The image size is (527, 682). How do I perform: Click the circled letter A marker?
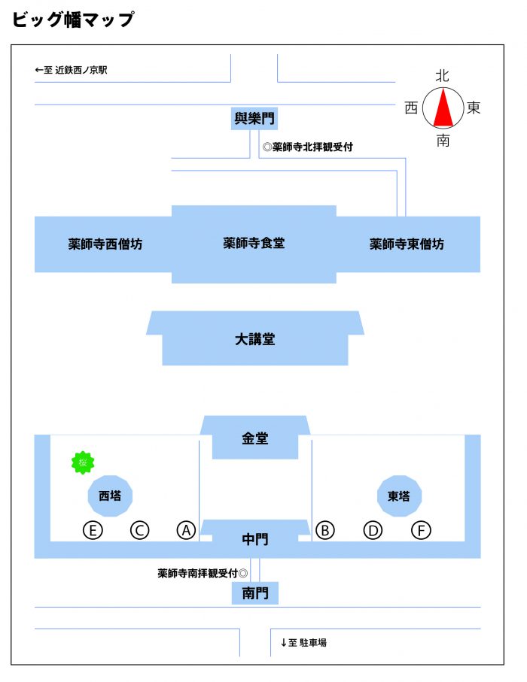click(186, 530)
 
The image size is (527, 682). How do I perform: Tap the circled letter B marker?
click(325, 530)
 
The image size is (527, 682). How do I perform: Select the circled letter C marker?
click(140, 530)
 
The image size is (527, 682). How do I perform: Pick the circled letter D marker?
click(373, 530)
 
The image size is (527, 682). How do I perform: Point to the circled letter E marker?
click(93, 530)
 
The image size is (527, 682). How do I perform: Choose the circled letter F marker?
click(421, 530)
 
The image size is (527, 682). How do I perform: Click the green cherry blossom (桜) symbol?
click(83, 462)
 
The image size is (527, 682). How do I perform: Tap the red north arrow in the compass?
click(443, 108)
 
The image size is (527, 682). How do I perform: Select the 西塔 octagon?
click(110, 496)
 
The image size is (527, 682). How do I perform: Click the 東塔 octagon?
click(399, 496)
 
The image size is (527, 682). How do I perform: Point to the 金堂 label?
click(255, 438)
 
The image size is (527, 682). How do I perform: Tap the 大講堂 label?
click(255, 339)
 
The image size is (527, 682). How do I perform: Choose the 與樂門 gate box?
click(254, 118)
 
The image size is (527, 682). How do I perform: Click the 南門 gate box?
click(254, 593)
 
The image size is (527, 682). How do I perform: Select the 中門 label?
click(255, 539)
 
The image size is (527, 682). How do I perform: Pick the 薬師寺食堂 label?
click(254, 243)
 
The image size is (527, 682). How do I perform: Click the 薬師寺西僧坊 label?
click(105, 244)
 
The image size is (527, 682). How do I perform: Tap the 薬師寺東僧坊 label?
click(407, 244)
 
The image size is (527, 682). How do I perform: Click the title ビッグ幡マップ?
click(73, 20)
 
